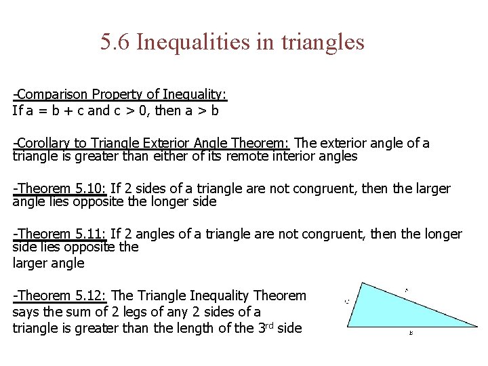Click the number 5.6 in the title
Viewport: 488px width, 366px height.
point(115,43)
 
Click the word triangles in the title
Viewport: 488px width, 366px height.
point(321,43)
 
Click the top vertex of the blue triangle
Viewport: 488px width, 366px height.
point(362,283)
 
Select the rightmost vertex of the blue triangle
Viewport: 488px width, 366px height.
point(476,327)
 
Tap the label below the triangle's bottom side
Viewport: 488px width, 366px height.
point(411,333)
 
